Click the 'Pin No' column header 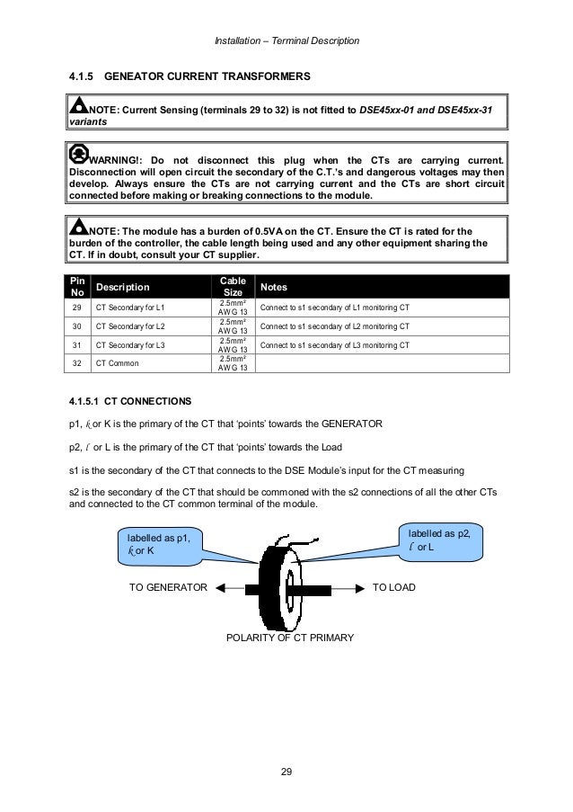(77, 287)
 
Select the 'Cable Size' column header (233, 287)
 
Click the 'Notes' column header (274, 288)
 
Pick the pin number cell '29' (77, 308)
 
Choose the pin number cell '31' (77, 346)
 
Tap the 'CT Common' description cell (117, 365)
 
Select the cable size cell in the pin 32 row (233, 365)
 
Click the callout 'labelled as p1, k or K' (157, 545)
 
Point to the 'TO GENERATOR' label (168, 587)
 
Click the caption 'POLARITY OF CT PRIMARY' (287, 638)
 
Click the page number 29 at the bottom (286, 771)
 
